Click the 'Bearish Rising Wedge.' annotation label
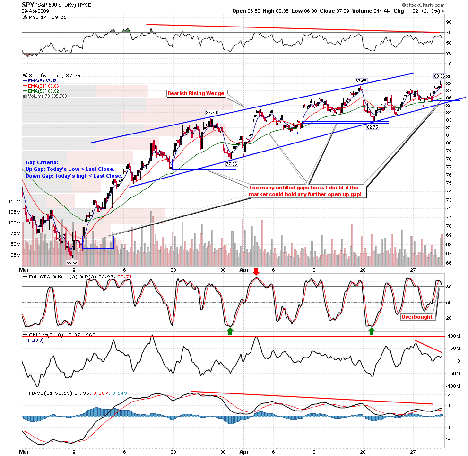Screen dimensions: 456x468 197,94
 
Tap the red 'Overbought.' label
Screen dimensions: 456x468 417,317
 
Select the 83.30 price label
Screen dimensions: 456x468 211,113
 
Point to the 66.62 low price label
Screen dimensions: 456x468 72,262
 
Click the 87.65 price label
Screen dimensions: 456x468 361,81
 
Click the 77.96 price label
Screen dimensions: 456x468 231,164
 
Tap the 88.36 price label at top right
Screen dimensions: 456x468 439,76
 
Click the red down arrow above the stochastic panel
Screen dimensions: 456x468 256,271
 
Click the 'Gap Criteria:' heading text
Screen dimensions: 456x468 42,162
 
